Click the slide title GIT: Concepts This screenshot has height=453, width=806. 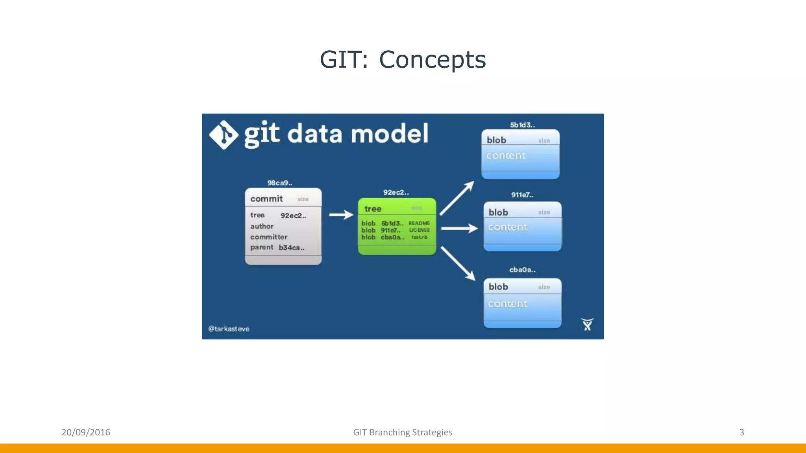(403, 60)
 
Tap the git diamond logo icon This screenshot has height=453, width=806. (224, 135)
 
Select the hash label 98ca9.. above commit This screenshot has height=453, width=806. (280, 183)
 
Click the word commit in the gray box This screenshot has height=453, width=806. (266, 199)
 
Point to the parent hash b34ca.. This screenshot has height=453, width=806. (291, 248)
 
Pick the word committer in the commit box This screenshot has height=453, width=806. (269, 237)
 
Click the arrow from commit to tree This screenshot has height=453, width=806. (341, 215)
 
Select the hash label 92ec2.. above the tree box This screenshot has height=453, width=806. (396, 192)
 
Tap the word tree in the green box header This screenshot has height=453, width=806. (373, 209)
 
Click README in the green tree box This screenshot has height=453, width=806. (419, 223)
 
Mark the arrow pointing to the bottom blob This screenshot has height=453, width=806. (458, 263)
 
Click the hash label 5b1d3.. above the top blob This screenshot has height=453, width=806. (522, 125)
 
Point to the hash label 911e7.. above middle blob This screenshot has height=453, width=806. (522, 195)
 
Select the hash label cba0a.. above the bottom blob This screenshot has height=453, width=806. (522, 270)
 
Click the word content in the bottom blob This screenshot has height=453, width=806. (508, 304)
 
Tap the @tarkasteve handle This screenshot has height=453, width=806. (229, 329)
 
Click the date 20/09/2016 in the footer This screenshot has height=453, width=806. (86, 432)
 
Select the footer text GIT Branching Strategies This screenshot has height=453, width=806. (403, 432)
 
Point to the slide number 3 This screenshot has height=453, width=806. (741, 432)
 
